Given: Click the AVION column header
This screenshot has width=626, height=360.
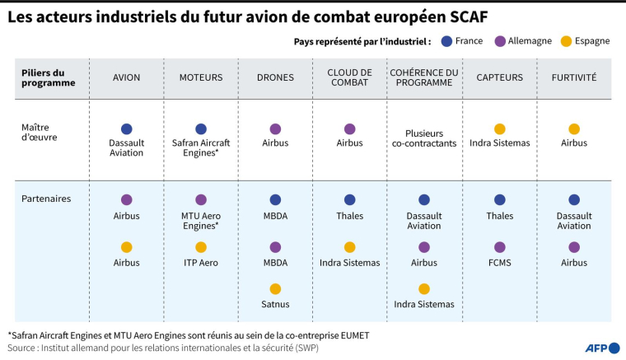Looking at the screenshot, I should pyautogui.click(x=126, y=77).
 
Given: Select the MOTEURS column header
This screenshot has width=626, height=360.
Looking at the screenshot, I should pyautogui.click(x=201, y=77).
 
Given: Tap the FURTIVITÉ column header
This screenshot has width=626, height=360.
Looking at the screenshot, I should pyautogui.click(x=573, y=77).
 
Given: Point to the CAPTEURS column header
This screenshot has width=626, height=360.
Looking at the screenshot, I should pyautogui.click(x=500, y=77).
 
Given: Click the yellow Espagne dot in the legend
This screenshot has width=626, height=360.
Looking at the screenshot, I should pyautogui.click(x=555, y=41).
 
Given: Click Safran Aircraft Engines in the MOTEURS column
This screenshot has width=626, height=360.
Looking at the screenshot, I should pyautogui.click(x=201, y=148).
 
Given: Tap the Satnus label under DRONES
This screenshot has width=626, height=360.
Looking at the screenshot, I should pyautogui.click(x=275, y=304).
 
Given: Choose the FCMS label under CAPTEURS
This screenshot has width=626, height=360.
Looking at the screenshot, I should pyautogui.click(x=500, y=263).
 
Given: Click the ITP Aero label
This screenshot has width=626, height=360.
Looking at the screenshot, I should pyautogui.click(x=201, y=263).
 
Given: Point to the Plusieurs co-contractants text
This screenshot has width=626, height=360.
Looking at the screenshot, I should pyautogui.click(x=424, y=138).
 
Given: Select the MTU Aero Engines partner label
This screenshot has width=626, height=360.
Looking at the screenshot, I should pyautogui.click(x=201, y=221).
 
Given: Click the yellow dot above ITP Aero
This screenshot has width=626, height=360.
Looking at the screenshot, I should pyautogui.click(x=201, y=247).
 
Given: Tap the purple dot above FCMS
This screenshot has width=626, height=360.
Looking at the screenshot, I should pyautogui.click(x=500, y=247).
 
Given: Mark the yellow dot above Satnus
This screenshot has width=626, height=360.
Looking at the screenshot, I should pyautogui.click(x=275, y=288).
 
